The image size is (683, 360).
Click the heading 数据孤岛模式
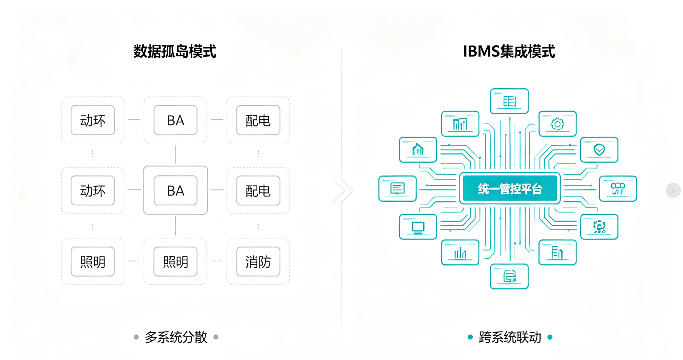point(175,51)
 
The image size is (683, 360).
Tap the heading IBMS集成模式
point(509,51)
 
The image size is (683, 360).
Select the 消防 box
point(258,262)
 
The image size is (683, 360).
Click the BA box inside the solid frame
point(175,190)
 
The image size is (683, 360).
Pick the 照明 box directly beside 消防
point(175,262)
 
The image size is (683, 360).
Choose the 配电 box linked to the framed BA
point(258,190)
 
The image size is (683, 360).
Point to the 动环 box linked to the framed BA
point(93,190)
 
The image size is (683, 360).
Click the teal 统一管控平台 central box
point(510,189)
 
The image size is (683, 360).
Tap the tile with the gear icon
point(557,124)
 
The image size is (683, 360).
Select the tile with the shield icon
point(599,150)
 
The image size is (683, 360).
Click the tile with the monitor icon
point(418,227)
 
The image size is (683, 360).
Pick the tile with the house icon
point(418,150)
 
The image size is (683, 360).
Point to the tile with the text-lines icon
point(397,189)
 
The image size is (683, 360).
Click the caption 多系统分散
point(176,337)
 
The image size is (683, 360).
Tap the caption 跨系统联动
point(510,337)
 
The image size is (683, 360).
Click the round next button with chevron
point(673,190)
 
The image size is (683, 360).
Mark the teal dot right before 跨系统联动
point(470,337)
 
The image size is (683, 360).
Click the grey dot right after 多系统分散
point(216,337)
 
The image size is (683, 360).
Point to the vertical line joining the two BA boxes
point(176,155)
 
